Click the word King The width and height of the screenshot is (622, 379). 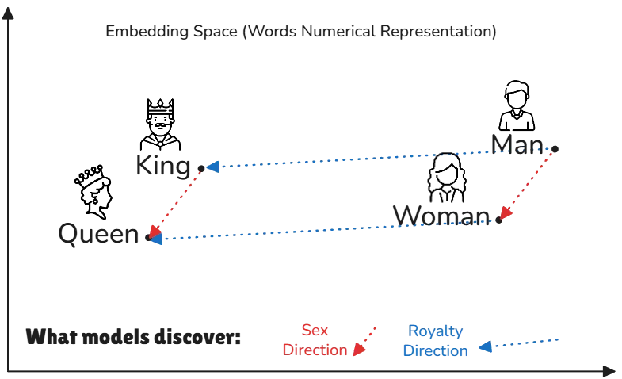click(163, 166)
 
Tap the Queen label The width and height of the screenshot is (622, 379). click(98, 235)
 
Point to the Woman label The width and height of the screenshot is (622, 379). click(441, 216)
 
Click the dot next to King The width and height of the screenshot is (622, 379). click(201, 168)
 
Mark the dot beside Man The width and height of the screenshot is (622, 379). click(555, 148)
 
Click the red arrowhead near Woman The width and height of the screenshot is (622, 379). click(505, 214)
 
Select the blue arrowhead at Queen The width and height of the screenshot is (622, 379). click(156, 238)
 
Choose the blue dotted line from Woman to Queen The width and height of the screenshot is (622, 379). click(325, 229)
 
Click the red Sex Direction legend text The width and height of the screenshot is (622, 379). click(315, 340)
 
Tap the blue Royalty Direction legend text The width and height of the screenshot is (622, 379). click(435, 340)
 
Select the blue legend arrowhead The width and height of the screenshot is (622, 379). click(486, 346)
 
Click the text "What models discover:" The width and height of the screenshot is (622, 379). click(133, 337)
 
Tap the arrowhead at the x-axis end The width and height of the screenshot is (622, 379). click(609, 371)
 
